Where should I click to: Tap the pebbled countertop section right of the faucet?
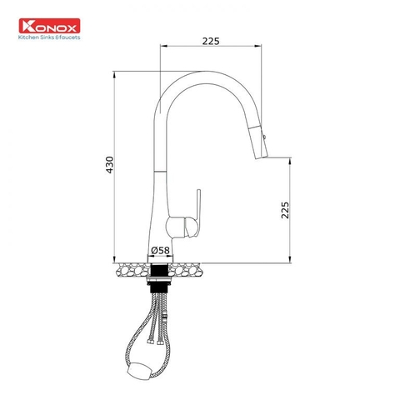click(191, 269)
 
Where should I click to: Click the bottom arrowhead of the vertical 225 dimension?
click(288, 258)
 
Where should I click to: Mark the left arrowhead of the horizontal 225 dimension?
click(162, 47)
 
